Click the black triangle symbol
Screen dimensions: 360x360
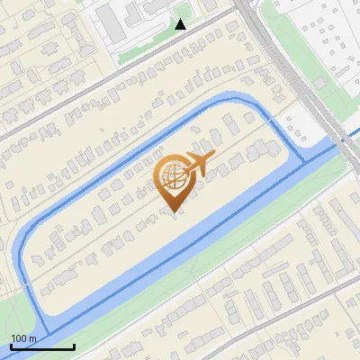(181, 24)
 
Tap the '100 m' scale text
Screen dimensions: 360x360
(23, 338)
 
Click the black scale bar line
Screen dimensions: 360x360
(42, 346)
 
